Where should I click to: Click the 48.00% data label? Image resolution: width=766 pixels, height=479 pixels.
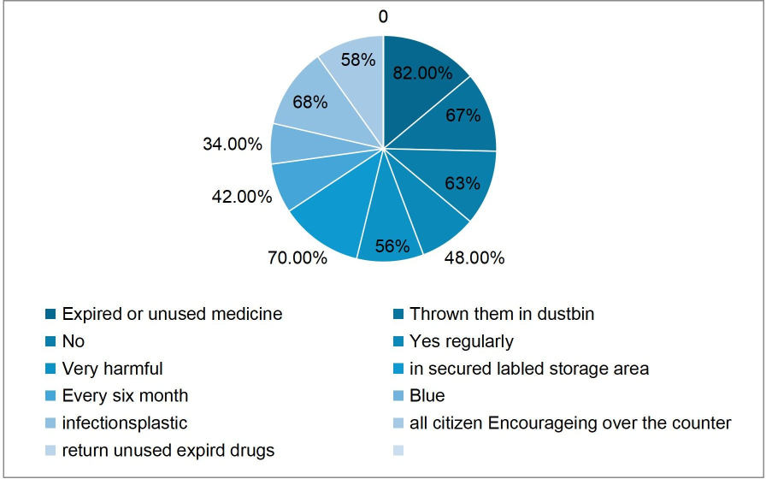coord(474,257)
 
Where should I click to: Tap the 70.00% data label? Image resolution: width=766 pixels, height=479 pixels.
coord(298,257)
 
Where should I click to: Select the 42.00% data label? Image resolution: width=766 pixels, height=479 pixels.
coord(242,197)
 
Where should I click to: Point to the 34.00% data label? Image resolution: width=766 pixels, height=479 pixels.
coord(232,144)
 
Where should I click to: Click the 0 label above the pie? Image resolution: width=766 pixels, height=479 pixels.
coord(383,16)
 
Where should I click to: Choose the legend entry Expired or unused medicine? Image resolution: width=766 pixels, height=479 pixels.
coord(172,314)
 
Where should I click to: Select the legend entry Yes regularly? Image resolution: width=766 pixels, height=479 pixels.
coord(462,341)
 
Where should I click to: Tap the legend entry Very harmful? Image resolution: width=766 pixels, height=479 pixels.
coord(112,369)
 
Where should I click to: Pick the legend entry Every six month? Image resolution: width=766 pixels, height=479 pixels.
coord(125,396)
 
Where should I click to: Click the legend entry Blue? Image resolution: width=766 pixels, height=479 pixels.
coord(427,396)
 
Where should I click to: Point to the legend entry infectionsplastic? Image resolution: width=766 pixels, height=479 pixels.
coord(124,423)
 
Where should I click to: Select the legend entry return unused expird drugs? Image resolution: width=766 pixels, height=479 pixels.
coord(168,451)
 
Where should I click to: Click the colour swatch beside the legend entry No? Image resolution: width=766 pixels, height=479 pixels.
coord(51,342)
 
